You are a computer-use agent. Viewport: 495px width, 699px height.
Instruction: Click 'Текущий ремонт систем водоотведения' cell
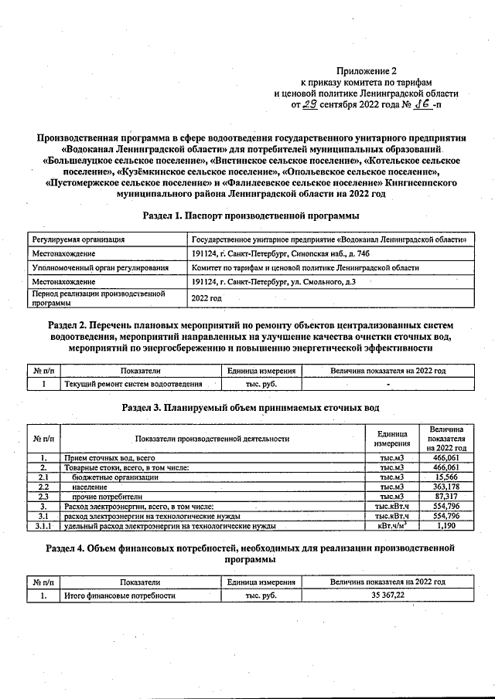click(133, 384)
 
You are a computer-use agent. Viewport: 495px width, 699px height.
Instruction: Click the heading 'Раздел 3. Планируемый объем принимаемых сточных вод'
click(251, 407)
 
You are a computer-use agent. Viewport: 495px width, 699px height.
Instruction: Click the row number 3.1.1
click(44, 526)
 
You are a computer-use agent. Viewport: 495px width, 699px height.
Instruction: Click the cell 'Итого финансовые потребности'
click(120, 596)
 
